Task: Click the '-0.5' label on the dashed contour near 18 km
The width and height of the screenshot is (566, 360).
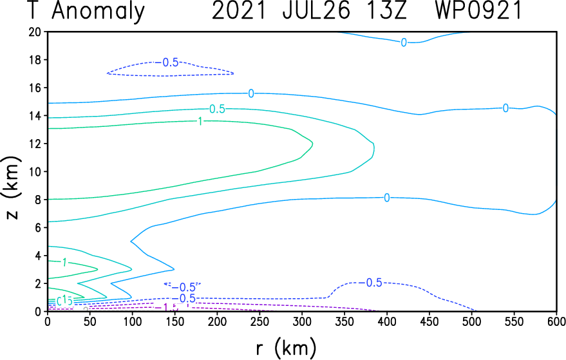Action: (x=169, y=62)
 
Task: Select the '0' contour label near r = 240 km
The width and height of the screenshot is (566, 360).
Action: (x=251, y=93)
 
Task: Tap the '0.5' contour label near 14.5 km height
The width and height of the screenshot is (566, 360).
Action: (x=217, y=109)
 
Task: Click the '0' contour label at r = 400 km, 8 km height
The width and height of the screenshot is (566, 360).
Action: (x=386, y=198)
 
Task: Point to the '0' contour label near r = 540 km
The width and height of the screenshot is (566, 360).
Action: (x=505, y=108)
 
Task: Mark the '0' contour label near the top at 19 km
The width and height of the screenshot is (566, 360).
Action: (x=404, y=43)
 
